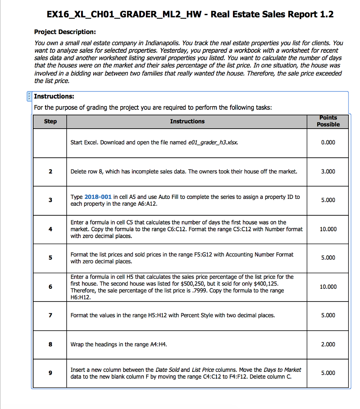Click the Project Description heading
click(x=65, y=32)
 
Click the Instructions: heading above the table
click(x=54, y=96)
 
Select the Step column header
click(x=50, y=121)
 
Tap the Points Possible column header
click(x=328, y=121)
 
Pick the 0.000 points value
click(x=328, y=143)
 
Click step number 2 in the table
click(x=50, y=171)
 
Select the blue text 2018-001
click(x=98, y=197)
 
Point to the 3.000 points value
click(x=328, y=171)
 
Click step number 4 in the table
click(x=50, y=229)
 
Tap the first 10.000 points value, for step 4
click(x=328, y=229)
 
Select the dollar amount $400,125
click(x=262, y=284)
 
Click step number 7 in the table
click(x=50, y=316)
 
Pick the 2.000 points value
click(x=328, y=344)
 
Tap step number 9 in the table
click(x=50, y=373)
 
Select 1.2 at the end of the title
click(x=326, y=15)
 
